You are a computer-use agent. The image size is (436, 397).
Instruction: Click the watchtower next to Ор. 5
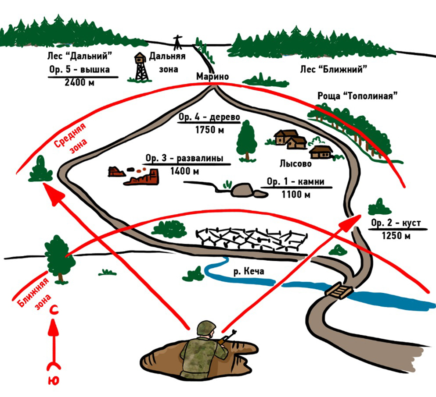point(141,66)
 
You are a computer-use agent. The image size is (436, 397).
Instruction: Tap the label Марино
point(213,77)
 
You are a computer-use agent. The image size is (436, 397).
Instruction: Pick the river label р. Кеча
point(249,272)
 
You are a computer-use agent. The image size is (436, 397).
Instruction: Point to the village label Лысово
point(295,164)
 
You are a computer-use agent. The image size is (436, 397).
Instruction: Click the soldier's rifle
point(227,336)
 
